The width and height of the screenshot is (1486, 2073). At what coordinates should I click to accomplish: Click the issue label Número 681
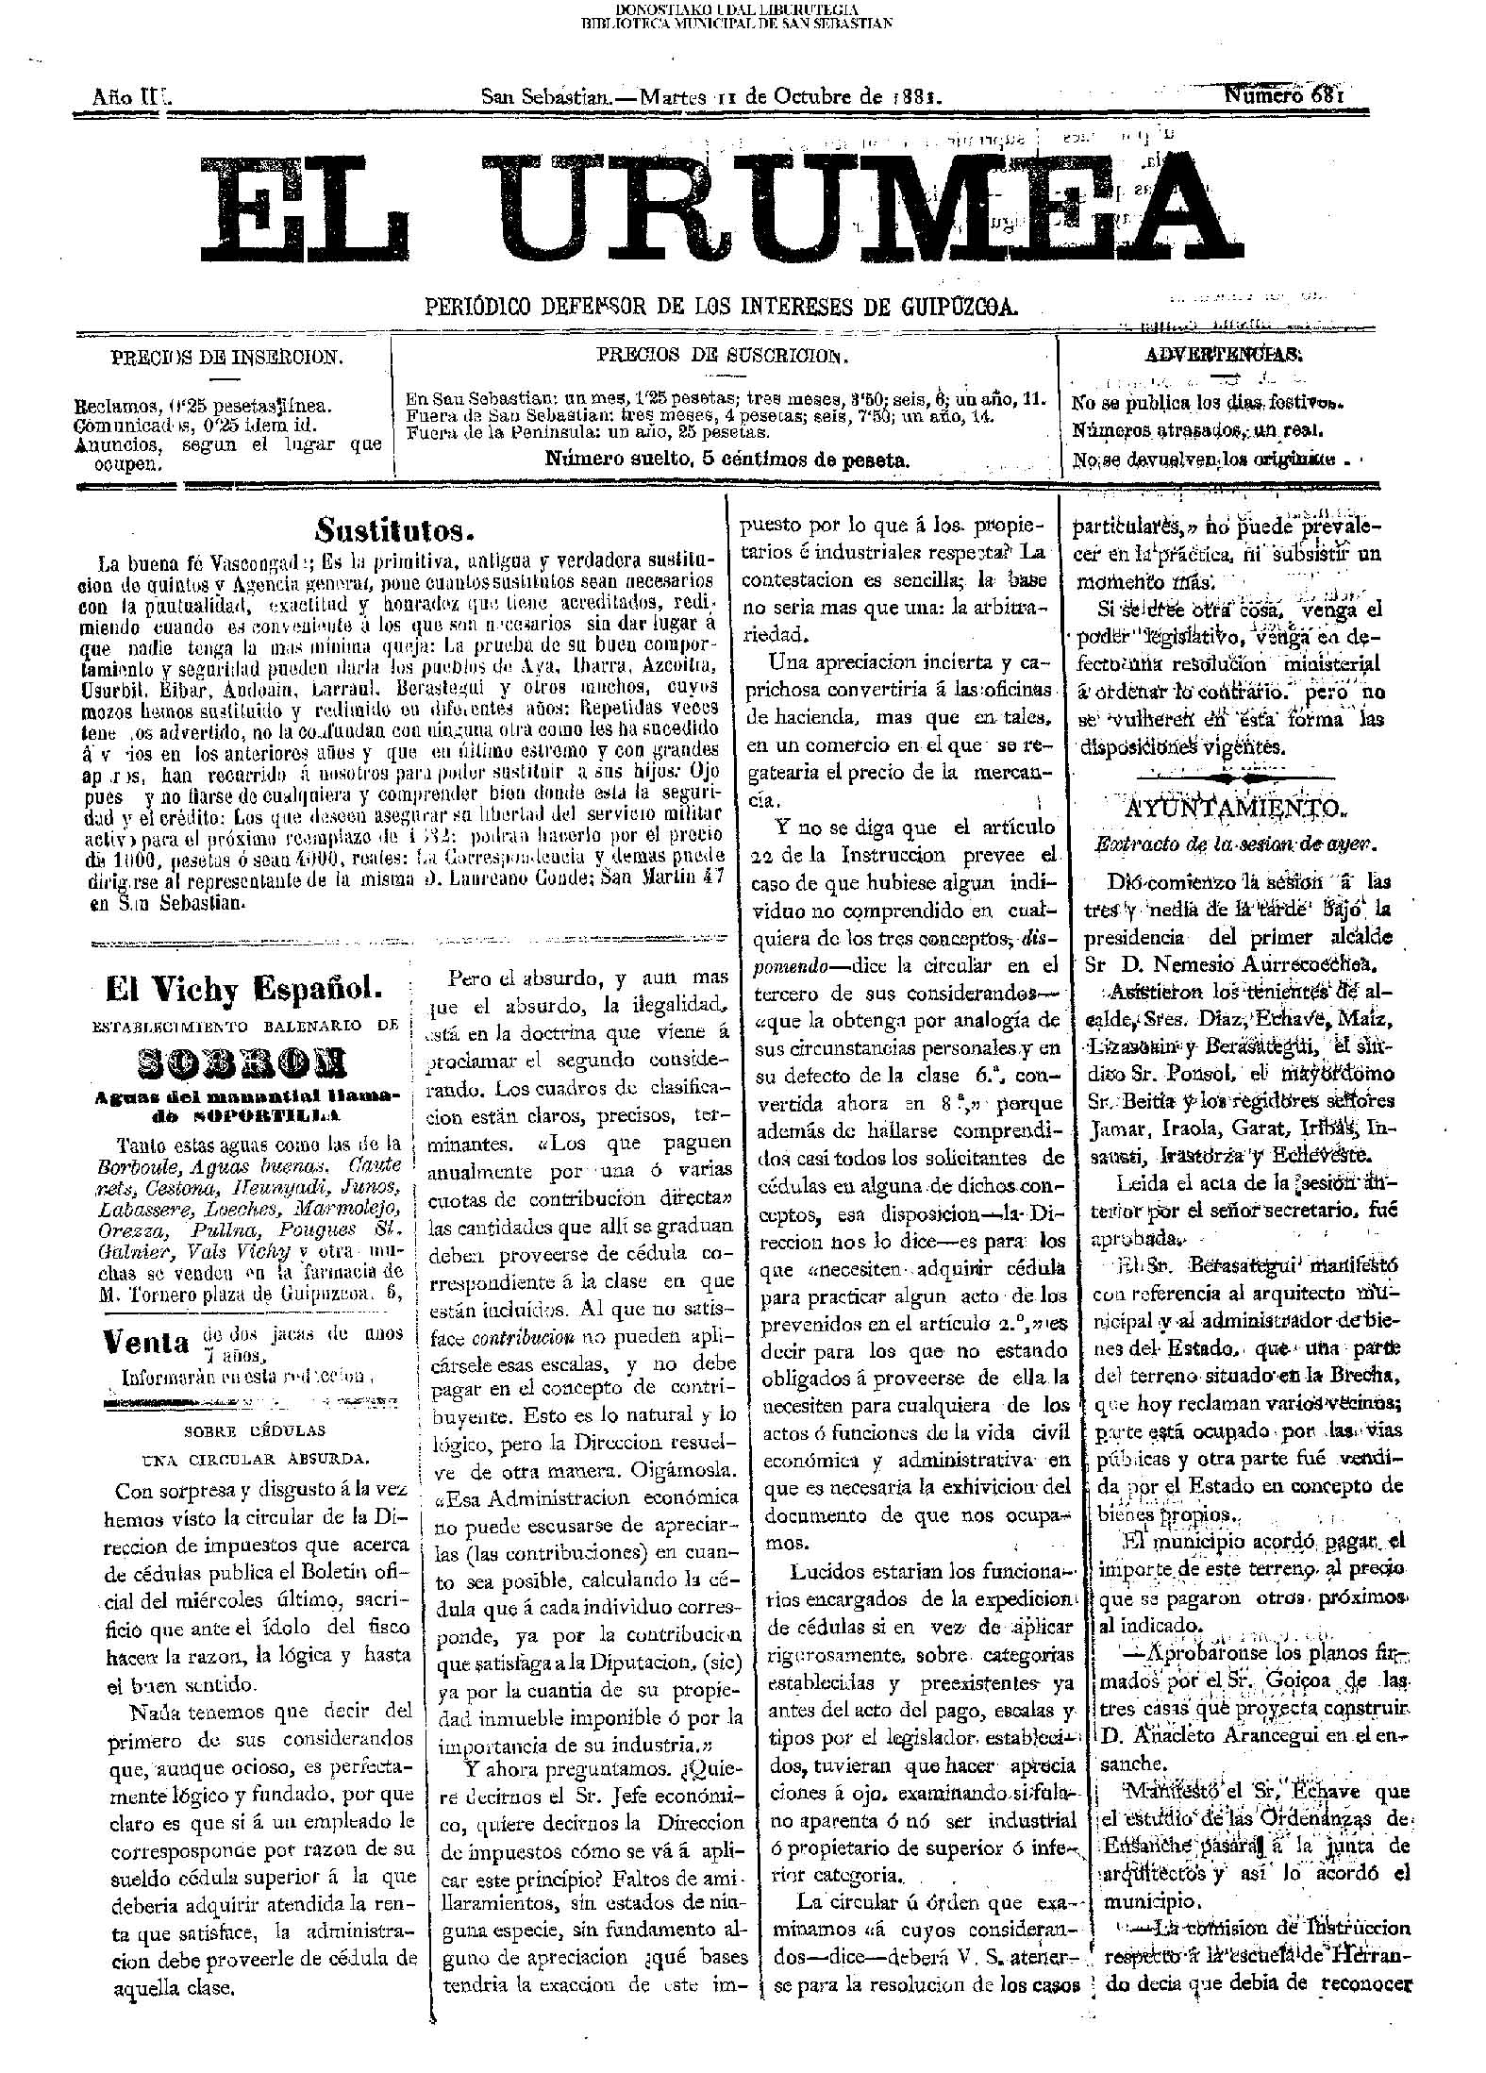pos(1283,94)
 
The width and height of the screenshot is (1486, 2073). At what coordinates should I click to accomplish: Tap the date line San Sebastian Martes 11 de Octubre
pos(712,96)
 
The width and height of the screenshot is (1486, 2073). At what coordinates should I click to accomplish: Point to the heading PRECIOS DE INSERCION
pos(226,359)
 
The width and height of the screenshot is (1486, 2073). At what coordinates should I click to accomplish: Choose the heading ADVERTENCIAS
pos(1224,355)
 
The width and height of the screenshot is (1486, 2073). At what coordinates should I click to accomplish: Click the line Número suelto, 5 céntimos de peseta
pos(727,460)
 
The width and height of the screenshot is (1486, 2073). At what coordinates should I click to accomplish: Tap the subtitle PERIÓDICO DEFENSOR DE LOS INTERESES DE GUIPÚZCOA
pos(723,307)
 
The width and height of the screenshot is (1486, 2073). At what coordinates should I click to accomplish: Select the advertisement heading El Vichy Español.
pos(244,990)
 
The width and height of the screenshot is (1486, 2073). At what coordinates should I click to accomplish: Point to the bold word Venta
pos(147,1341)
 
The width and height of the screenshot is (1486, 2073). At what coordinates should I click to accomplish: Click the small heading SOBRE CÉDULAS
pos(256,1430)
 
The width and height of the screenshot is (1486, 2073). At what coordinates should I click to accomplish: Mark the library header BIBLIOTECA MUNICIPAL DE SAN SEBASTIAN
pos(736,22)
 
